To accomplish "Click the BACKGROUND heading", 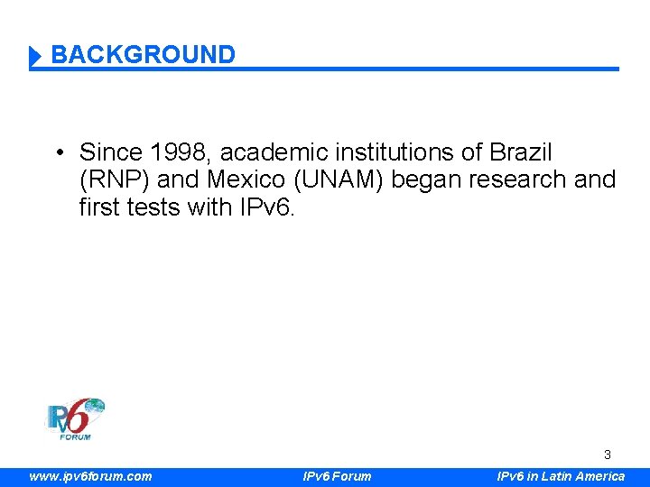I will coord(143,55).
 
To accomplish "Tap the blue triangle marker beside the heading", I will coord(35,57).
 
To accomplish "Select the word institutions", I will coord(404,152).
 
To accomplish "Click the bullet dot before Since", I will coord(57,152).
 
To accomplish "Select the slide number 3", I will coord(608,455).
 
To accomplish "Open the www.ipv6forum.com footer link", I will coord(90,476).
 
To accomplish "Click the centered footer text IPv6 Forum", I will coord(336,476).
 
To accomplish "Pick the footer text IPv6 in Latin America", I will coord(561,476).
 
